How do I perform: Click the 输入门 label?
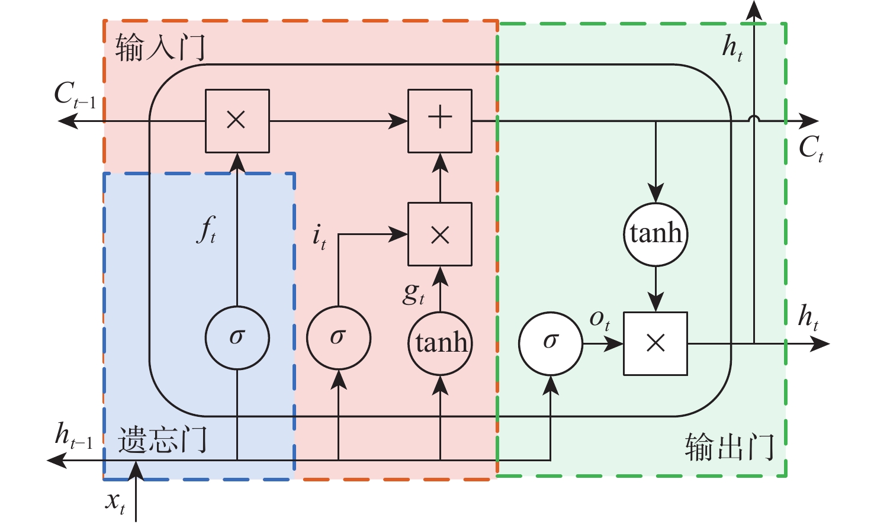coord(160,47)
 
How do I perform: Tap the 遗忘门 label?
coord(162,440)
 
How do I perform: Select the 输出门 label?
coord(730,447)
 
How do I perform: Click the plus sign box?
coord(440,121)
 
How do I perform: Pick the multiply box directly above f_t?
coord(237,121)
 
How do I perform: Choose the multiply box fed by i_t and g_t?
coord(440,234)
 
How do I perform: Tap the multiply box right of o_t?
coord(655,343)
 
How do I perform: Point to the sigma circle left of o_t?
coord(551,343)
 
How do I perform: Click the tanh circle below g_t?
coord(440,343)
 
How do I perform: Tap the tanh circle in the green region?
coord(655,234)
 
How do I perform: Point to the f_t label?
coord(206,230)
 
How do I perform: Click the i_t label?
coord(319,237)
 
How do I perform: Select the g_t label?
coord(413,293)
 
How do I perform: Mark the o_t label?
coord(599,320)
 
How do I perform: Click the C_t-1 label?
coord(75,95)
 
